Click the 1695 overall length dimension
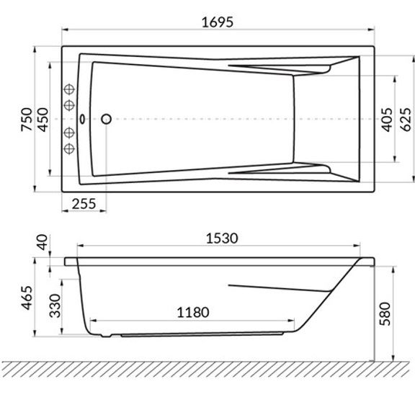point(218,22)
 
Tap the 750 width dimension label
point(27,120)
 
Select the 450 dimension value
point(43,120)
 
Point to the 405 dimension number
point(388,120)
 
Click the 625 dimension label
point(406,120)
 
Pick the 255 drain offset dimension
point(84,204)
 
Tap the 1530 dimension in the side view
point(222,238)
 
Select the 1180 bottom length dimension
point(192,312)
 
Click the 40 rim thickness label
point(42,242)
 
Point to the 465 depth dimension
point(27,298)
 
